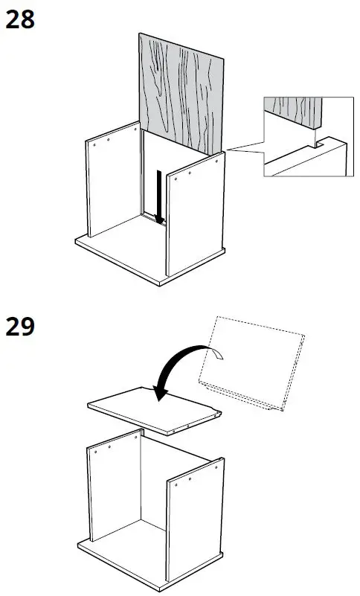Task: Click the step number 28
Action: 20,19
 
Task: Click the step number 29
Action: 20,327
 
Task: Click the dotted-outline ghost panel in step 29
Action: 257,365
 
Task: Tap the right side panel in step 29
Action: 195,521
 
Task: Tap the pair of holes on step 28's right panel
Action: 184,173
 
